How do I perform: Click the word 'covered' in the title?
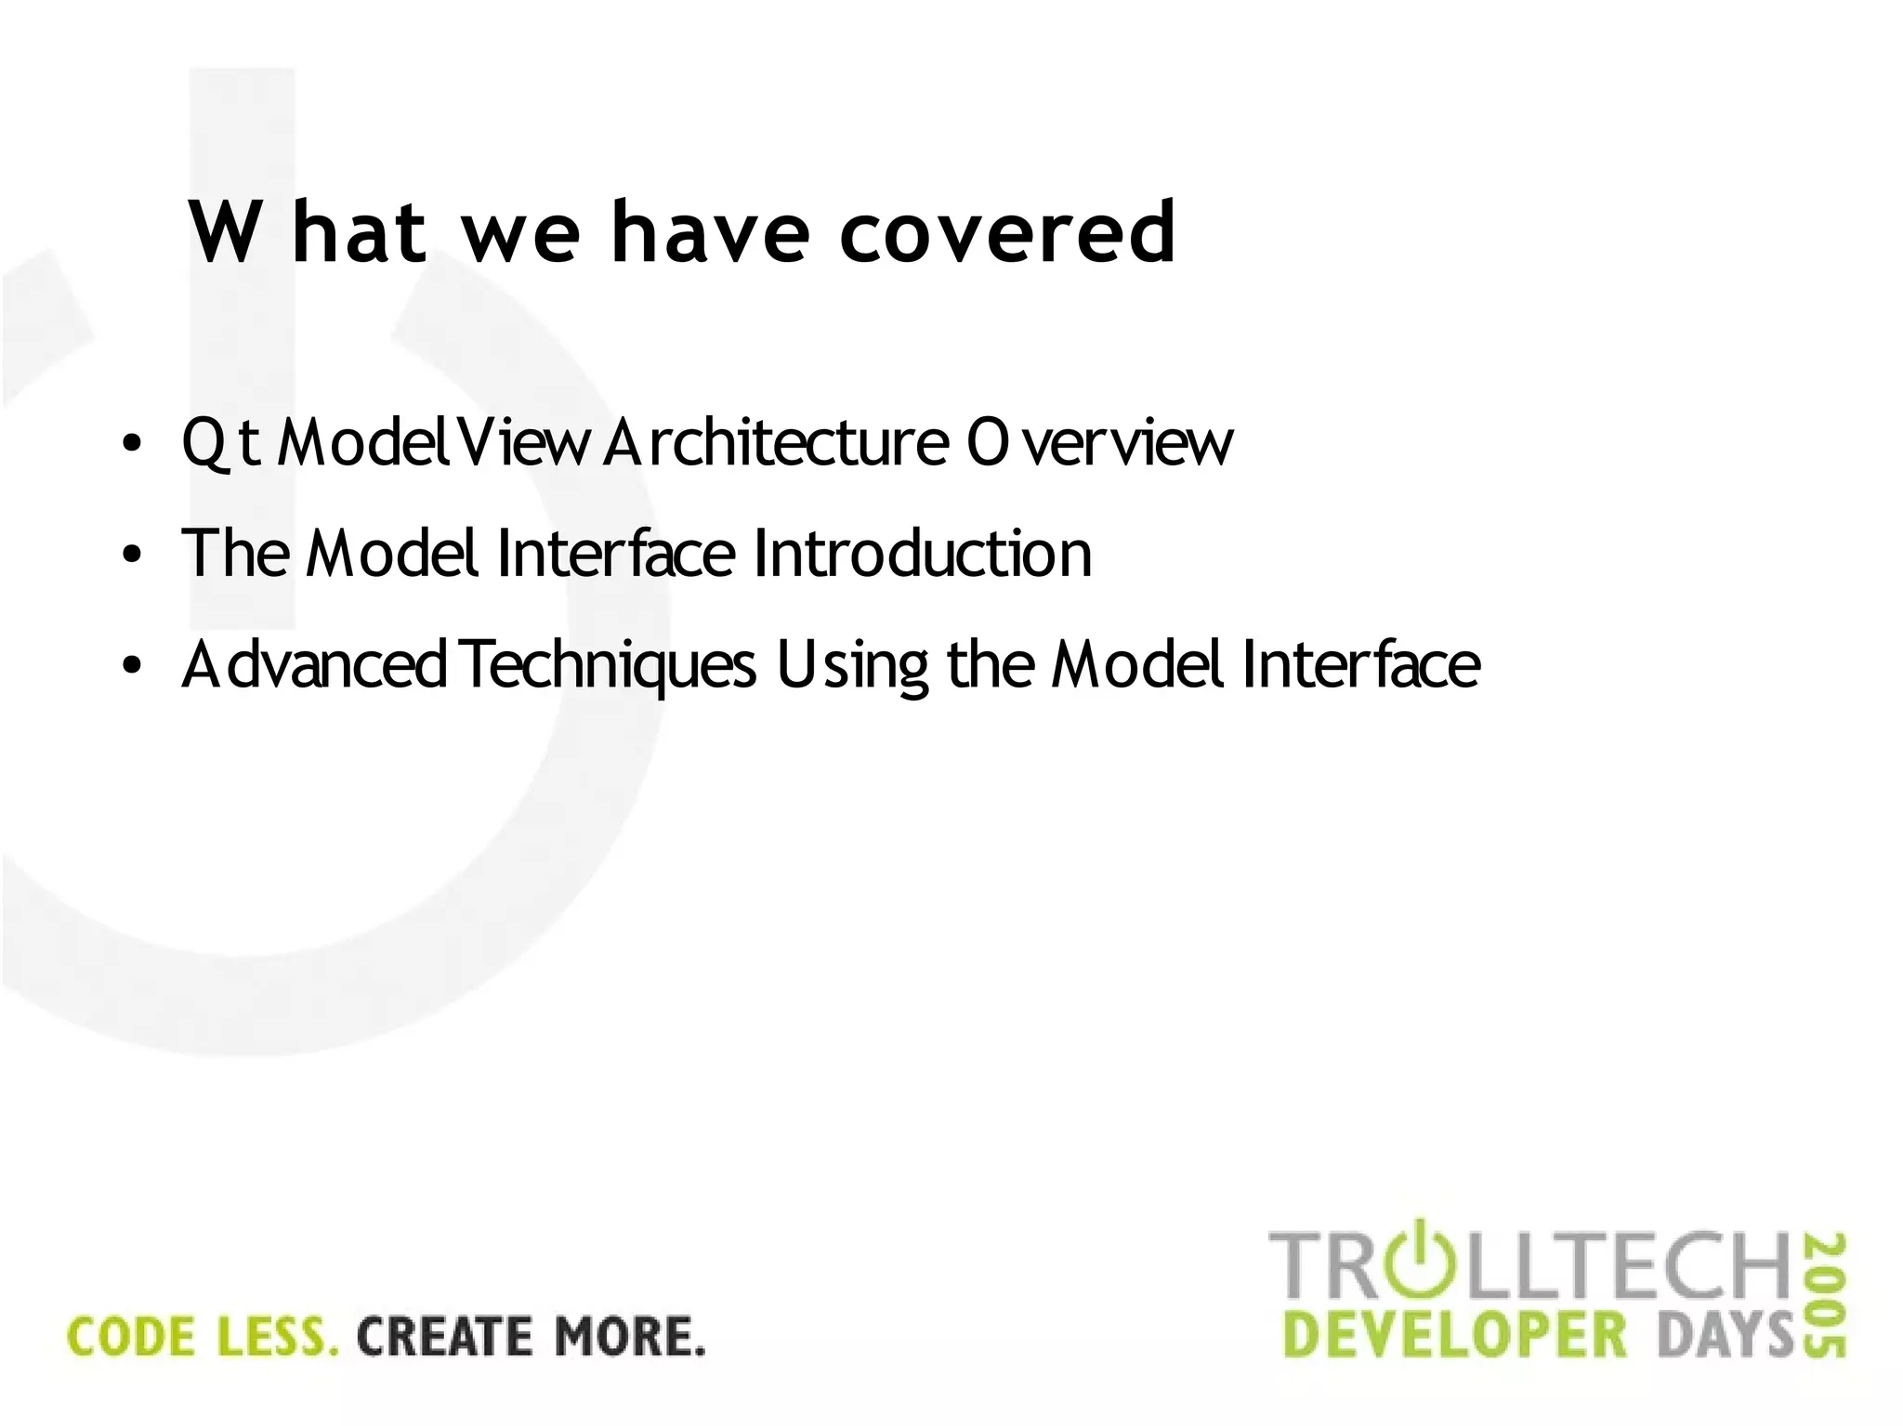[1007, 232]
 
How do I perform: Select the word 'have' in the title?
[710, 232]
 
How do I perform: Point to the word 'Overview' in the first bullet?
[1099, 442]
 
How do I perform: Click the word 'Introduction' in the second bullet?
[922, 554]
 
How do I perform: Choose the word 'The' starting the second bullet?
[235, 554]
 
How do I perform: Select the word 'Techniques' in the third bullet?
[609, 665]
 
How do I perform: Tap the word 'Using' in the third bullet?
[852, 665]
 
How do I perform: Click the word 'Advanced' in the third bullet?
[314, 665]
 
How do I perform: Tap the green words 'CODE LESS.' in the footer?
[203, 1337]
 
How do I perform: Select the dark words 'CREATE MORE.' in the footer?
[531, 1337]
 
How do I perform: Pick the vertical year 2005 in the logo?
[1826, 1296]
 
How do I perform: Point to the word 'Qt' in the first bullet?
[220, 442]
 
